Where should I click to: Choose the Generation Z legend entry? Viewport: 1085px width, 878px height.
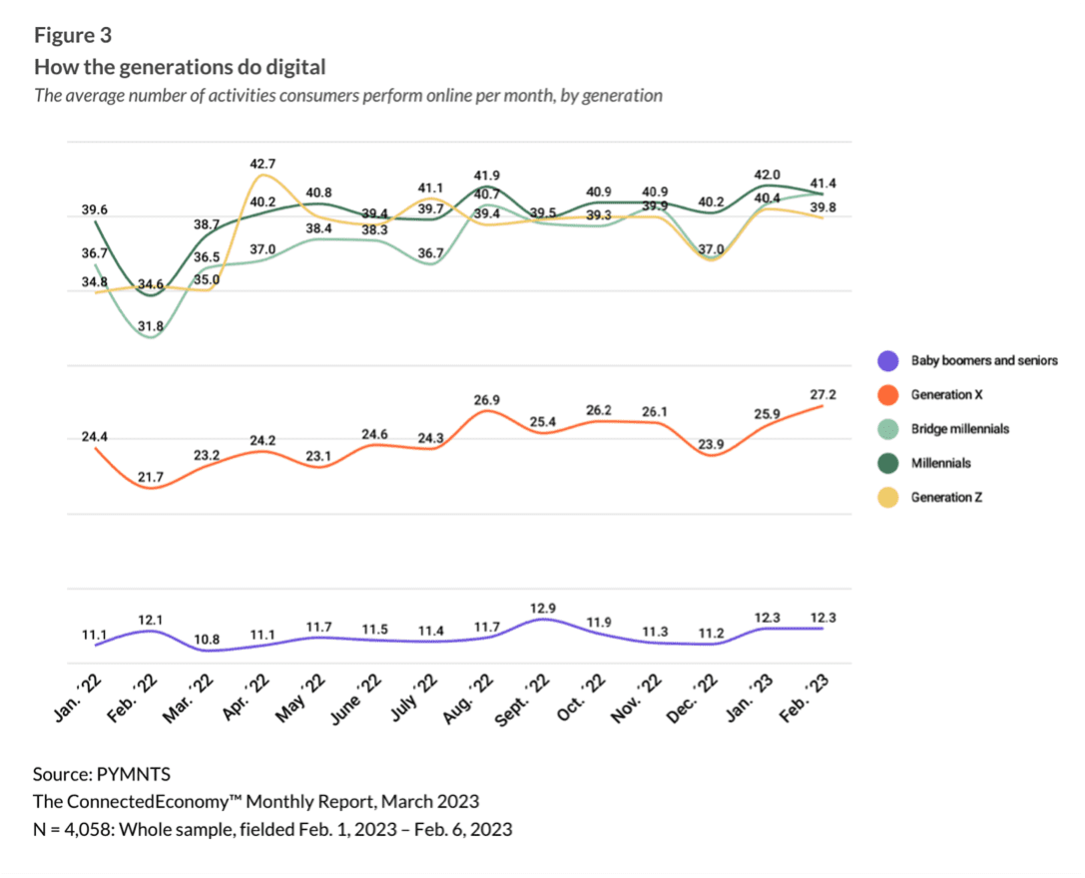click(946, 496)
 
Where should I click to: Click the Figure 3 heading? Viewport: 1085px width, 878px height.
click(73, 36)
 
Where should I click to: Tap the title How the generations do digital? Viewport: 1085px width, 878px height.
click(180, 68)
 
